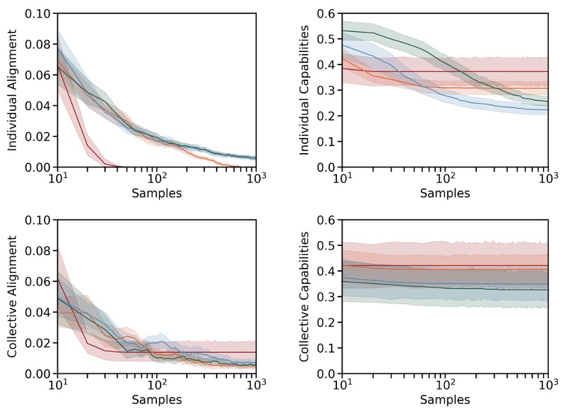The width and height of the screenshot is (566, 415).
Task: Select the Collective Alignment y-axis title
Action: (x=12, y=297)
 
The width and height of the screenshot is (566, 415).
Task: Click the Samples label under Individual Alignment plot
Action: (x=157, y=193)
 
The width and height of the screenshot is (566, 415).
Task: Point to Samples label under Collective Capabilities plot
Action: (x=444, y=400)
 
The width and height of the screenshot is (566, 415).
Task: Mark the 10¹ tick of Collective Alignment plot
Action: (x=57, y=385)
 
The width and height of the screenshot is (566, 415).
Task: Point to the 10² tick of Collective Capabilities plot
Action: (x=444, y=385)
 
